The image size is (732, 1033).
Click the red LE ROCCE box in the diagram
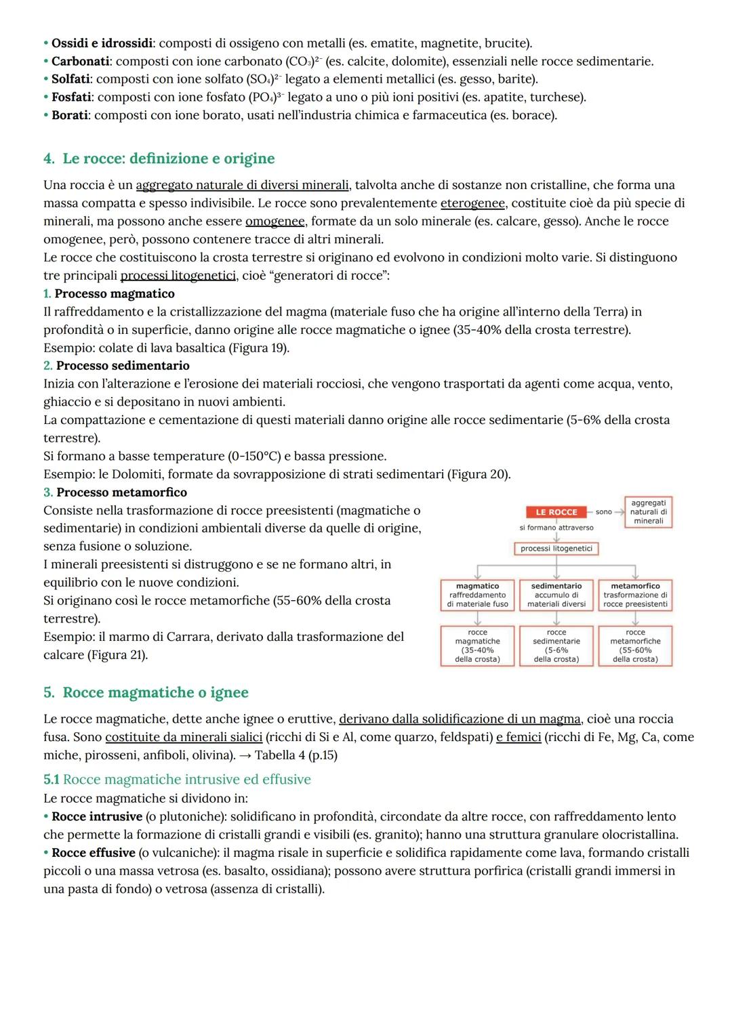(x=556, y=512)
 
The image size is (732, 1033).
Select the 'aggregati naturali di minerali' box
(x=648, y=512)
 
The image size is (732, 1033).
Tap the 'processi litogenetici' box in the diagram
(x=556, y=549)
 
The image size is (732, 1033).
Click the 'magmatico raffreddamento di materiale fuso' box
(x=477, y=595)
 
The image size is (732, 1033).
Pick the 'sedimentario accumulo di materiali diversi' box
(x=556, y=595)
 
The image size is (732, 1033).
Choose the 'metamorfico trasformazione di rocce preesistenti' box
(x=635, y=595)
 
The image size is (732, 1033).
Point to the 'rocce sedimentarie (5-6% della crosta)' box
(x=556, y=646)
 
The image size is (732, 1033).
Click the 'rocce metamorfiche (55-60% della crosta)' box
(x=635, y=646)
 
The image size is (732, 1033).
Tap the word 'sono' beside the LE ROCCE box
(x=603, y=512)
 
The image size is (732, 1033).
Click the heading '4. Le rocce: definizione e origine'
(x=159, y=159)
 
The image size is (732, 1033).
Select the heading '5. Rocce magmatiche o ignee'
(x=146, y=692)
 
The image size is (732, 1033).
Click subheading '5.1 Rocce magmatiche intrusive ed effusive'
(x=177, y=779)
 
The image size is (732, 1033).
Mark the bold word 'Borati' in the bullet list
(x=70, y=115)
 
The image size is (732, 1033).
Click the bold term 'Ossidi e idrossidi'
(x=102, y=43)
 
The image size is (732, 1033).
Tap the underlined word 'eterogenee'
(x=472, y=203)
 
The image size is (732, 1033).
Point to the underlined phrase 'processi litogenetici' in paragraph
(x=178, y=276)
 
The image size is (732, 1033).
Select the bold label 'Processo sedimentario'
(x=123, y=366)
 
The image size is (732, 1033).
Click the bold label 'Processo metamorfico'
(x=121, y=492)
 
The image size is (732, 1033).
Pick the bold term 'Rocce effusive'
(x=93, y=853)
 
